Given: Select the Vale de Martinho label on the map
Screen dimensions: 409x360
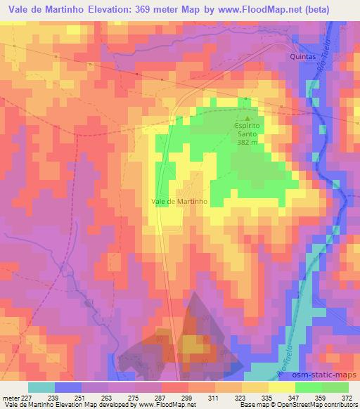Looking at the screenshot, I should pyautogui.click(x=179, y=201).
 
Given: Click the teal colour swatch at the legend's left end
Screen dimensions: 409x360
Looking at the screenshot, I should pyautogui.click(x=41, y=387).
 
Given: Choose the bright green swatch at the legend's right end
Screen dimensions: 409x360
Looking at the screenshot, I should pyautogui.click(x=335, y=387).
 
